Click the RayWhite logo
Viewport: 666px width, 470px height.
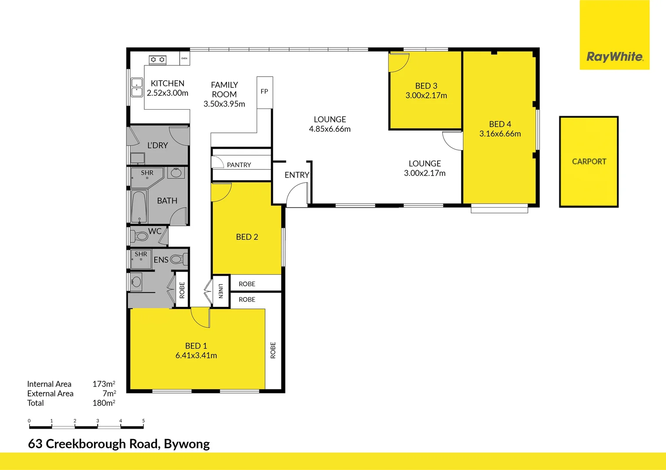[615, 57]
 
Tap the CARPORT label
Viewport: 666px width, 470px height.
[589, 161]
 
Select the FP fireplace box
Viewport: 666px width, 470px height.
[264, 92]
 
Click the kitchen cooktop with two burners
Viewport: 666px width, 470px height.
[157, 60]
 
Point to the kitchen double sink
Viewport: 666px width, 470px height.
[137, 87]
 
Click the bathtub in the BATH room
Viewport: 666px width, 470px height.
[139, 207]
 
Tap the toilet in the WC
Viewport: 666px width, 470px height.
[141, 236]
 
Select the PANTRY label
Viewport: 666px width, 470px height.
[239, 165]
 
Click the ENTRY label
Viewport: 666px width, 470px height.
[297, 175]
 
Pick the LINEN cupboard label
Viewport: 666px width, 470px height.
[221, 291]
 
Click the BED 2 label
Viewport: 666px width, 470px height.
[247, 237]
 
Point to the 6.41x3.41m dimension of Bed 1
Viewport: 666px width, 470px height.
[196, 356]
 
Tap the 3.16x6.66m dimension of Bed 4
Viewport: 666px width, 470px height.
[500, 134]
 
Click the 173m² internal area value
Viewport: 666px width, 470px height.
[104, 384]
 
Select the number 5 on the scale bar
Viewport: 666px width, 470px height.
[143, 421]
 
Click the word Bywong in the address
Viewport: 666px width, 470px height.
[187, 444]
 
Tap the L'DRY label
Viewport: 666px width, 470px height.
[157, 145]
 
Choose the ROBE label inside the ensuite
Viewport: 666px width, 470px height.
[182, 290]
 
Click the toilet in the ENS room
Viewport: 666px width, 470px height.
[177, 259]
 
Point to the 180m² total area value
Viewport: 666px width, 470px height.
[104, 403]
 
